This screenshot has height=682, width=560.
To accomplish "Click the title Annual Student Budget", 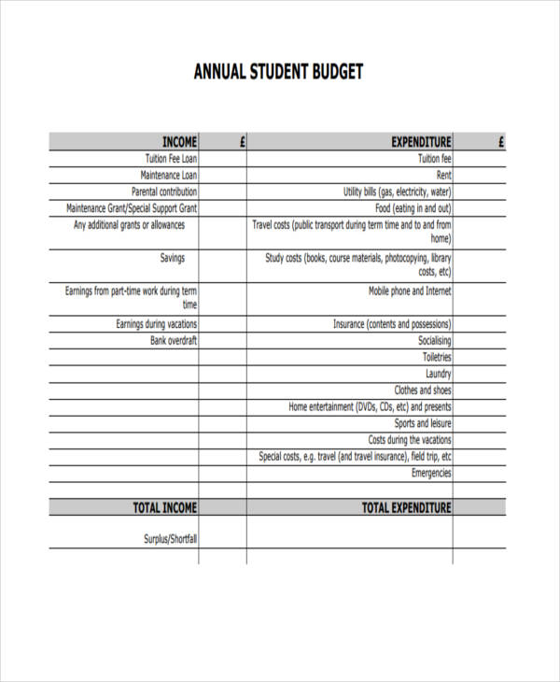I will (277, 72).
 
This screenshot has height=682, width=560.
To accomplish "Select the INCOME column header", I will (179, 142).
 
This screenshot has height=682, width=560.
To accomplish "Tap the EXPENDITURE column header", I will (421, 142).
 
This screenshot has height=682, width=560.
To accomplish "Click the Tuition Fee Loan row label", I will (171, 159).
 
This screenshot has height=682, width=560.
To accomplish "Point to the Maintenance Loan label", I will (169, 175).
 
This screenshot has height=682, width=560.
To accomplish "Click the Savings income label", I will (173, 258).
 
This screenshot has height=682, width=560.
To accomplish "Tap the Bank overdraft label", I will (174, 340).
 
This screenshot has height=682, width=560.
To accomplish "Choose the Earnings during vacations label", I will (156, 324).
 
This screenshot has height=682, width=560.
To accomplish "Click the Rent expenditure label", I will (443, 175).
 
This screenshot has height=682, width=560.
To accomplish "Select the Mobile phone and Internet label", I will (410, 291).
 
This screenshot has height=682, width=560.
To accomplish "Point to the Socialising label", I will (435, 340).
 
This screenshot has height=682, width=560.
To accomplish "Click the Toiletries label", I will (437, 357).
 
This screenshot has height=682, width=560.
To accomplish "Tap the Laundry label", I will (439, 374).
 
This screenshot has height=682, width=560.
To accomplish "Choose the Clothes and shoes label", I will (423, 391).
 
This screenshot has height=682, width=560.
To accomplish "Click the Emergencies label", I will (431, 473).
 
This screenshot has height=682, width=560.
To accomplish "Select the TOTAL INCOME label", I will (164, 507).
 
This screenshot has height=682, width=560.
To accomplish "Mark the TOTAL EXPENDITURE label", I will (406, 507).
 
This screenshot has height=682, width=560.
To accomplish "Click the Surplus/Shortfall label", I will (170, 539).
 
